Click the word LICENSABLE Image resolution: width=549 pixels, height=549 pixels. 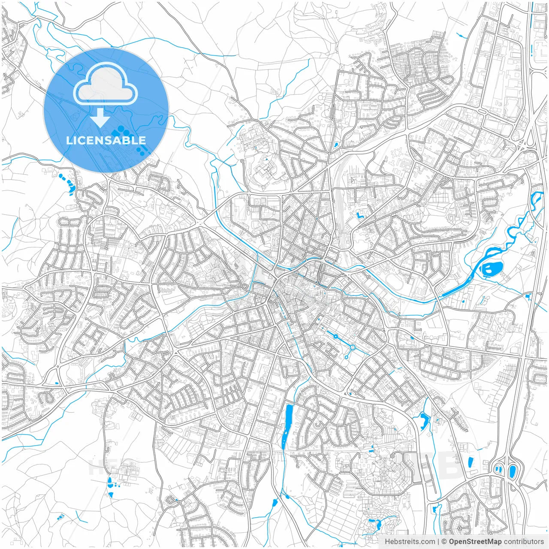pyautogui.click(x=106, y=140)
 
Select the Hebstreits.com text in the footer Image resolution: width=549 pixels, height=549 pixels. pyautogui.click(x=410, y=542)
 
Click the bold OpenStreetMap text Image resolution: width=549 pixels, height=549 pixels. pyautogui.click(x=475, y=542)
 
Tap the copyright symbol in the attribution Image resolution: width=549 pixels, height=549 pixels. pyautogui.click(x=444, y=542)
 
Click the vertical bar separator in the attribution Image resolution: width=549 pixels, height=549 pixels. pyautogui.click(x=438, y=542)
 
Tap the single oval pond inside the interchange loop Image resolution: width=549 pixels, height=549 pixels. pyautogui.click(x=512, y=471)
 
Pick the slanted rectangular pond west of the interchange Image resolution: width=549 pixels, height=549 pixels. pyautogui.click(x=471, y=462)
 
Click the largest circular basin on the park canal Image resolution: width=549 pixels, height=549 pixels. pyautogui.click(x=353, y=347)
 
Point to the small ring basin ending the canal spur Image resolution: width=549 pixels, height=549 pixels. pyautogui.click(x=346, y=357)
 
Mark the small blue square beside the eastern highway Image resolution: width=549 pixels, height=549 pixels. pyautogui.click(x=528, y=296)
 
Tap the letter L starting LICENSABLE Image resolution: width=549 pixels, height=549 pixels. pyautogui.click(x=69, y=140)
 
